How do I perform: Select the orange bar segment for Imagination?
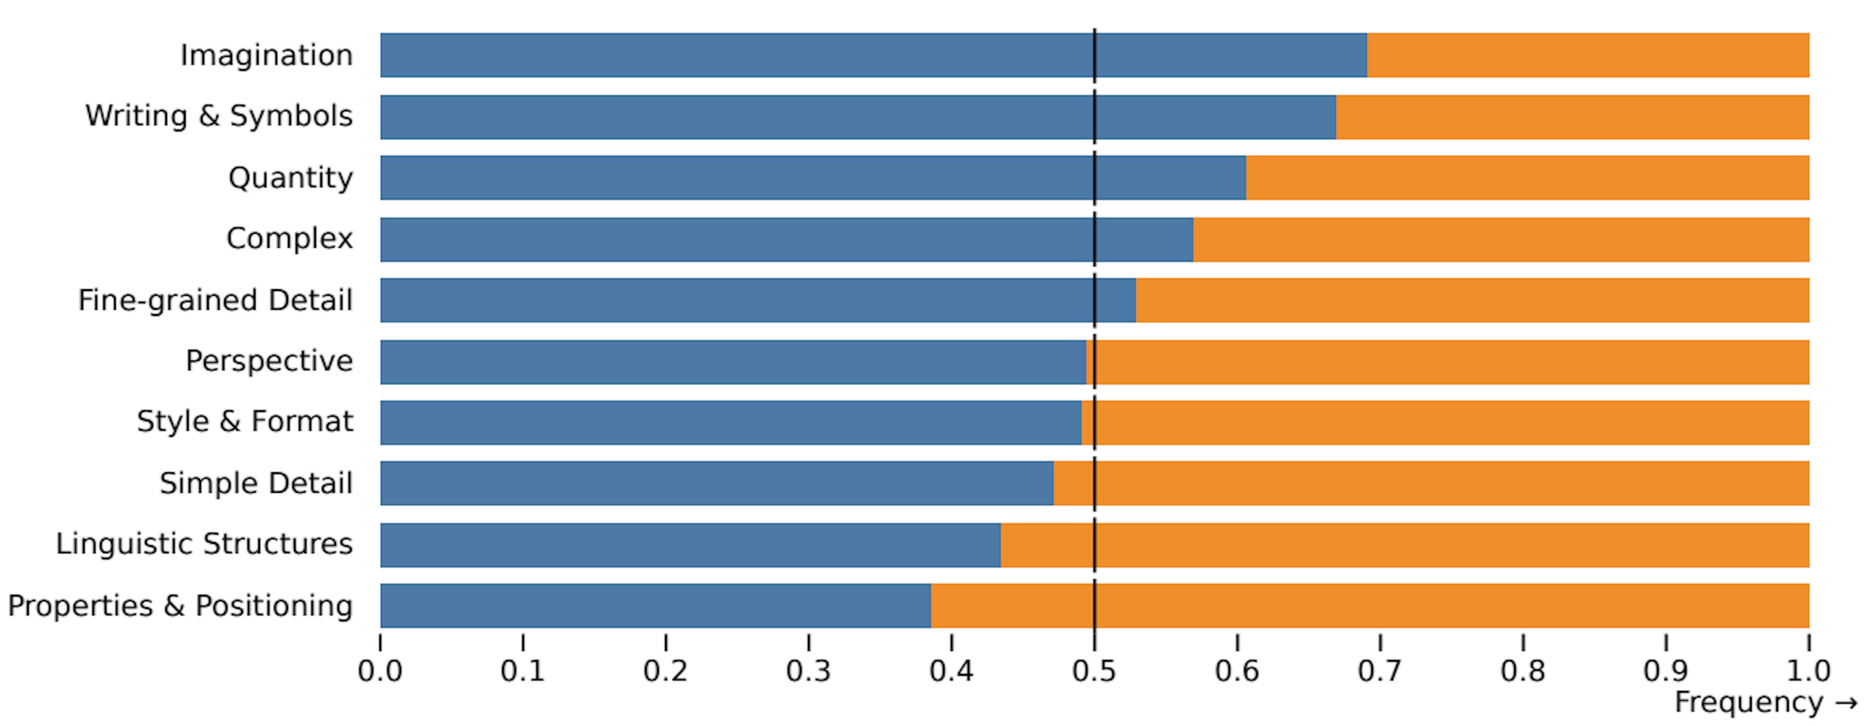pyautogui.click(x=1587, y=55)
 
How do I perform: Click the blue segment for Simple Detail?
pyautogui.click(x=716, y=483)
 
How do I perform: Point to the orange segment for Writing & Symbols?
pyautogui.click(x=1572, y=117)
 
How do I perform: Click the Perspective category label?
pyautogui.click(x=270, y=361)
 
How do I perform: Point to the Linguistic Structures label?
pyautogui.click(x=205, y=544)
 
